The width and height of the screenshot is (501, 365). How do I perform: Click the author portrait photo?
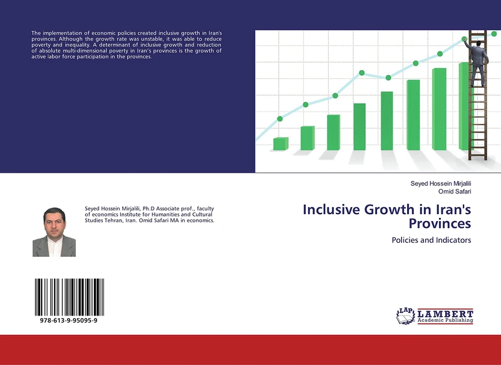54,232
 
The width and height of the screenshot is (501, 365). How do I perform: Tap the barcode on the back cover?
70,297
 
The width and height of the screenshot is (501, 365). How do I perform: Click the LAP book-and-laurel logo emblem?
406,316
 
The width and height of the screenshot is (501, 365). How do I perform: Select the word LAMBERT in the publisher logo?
445,313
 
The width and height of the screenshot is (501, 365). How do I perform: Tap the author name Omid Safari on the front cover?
456,192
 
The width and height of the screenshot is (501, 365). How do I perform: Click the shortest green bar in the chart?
281,144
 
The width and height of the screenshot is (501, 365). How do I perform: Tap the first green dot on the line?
280,118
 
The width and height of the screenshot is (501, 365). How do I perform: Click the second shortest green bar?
307,138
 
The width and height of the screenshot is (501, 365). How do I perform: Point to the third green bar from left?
333,132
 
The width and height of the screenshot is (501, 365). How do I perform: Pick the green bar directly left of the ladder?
465,106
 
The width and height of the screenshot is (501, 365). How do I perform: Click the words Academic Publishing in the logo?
445,321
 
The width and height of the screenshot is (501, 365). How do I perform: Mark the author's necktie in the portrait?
54,245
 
